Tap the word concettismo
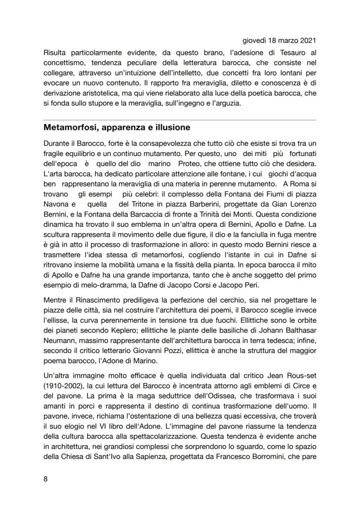click(63, 63)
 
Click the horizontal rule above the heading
click(180, 120)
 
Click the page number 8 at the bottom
click(46, 479)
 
